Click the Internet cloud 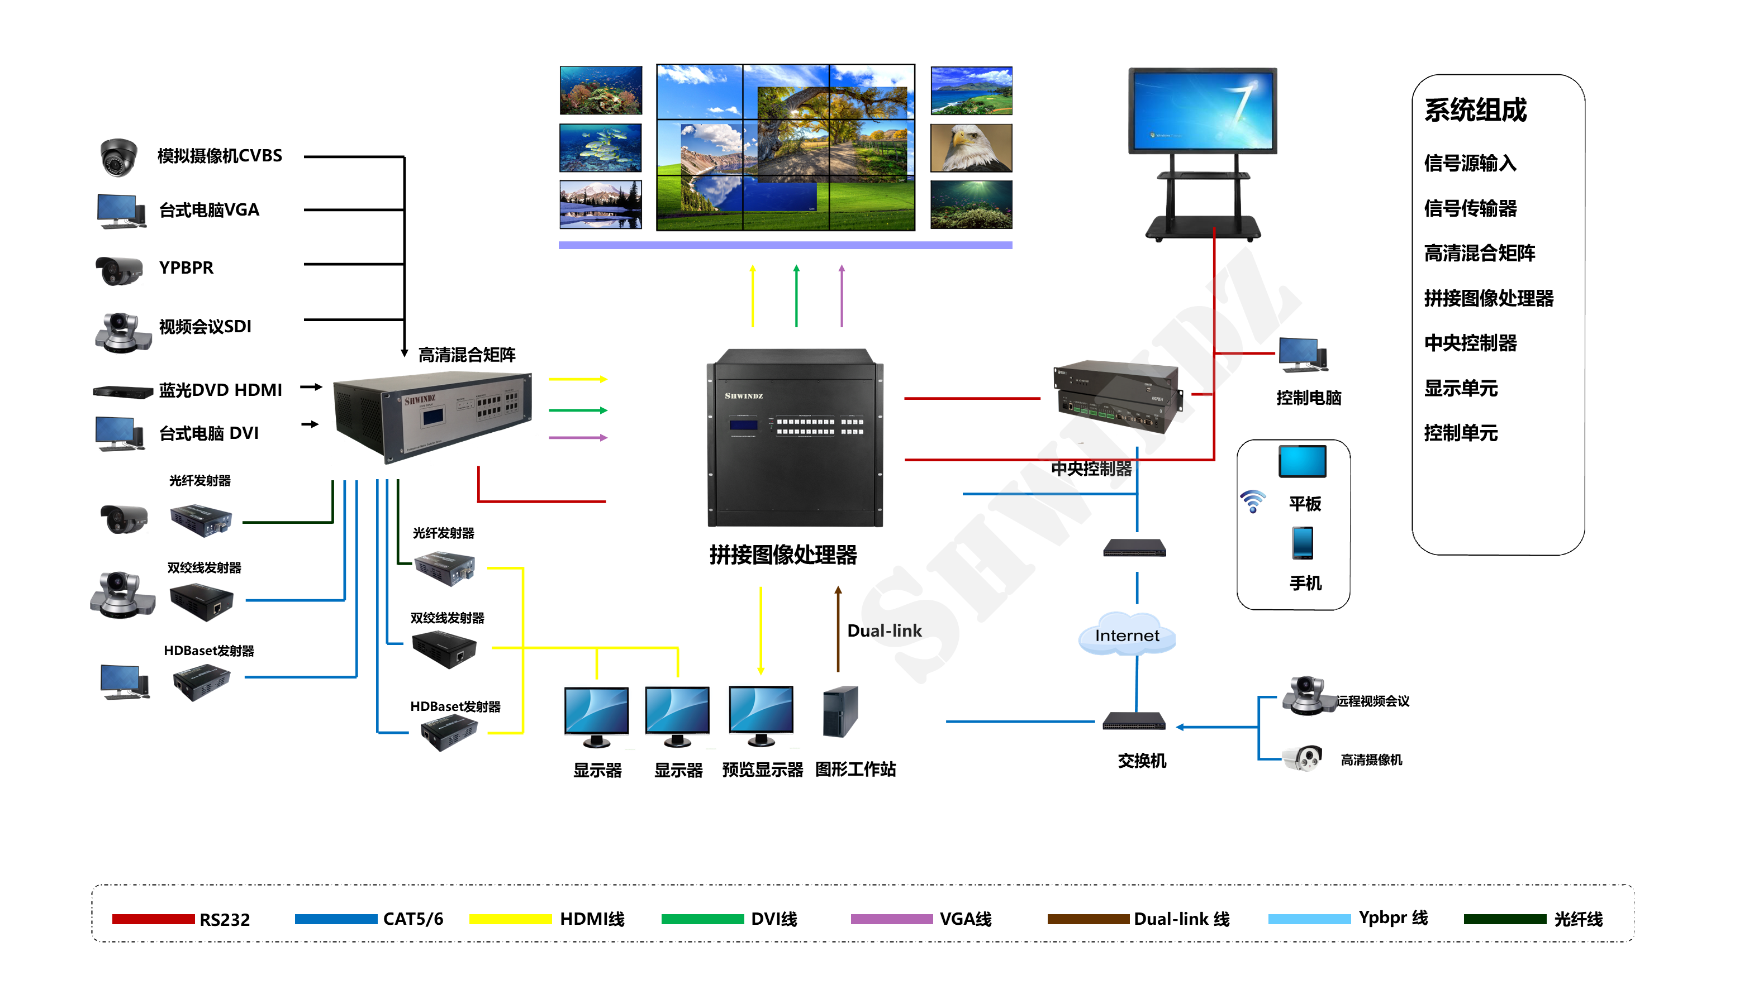point(1127,634)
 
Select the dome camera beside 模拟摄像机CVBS point(118,156)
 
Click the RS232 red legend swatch point(153,919)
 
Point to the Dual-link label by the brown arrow point(884,630)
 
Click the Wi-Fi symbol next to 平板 point(1252,501)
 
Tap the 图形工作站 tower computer point(840,712)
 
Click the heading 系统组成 point(1475,110)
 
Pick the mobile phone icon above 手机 point(1302,543)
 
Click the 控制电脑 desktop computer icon point(1303,355)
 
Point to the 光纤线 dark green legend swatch point(1504,919)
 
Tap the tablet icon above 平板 point(1302,462)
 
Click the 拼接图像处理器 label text point(783,555)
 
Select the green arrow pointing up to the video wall point(796,296)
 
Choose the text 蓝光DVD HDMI point(220,390)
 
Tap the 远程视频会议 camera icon point(1306,696)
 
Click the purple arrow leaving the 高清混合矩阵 point(578,437)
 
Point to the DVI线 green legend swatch point(702,919)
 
